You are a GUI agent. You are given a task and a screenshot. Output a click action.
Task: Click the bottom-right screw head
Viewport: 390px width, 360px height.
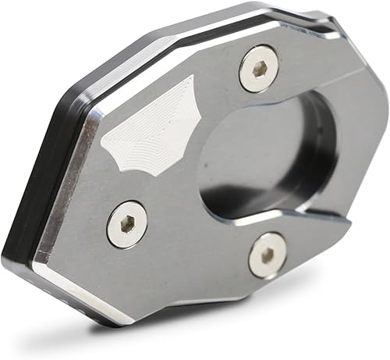click(x=267, y=255)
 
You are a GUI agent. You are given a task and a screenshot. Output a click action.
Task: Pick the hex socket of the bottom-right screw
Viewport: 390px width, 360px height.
click(x=267, y=255)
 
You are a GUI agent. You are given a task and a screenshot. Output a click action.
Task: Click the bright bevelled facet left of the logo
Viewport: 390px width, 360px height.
click(x=78, y=148)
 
